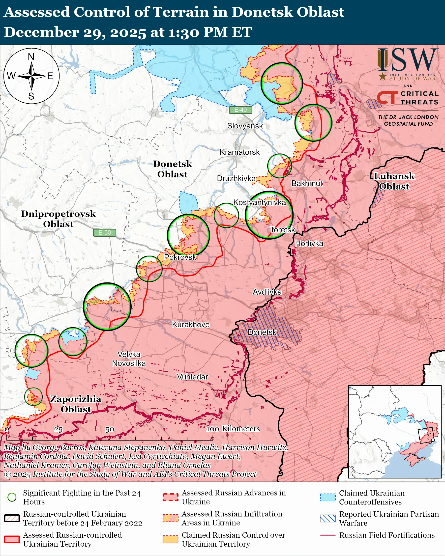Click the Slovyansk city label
244,126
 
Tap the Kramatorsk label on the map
239,152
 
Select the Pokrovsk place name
180,257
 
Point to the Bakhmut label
307,183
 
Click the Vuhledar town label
192,377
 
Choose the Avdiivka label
267,292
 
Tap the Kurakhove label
191,324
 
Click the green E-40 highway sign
240,110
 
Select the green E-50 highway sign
104,233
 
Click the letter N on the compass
31,57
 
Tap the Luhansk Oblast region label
394,181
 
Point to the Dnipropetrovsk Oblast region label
58,219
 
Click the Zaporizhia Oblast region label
76,404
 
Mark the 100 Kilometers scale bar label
233,429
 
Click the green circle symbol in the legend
12,497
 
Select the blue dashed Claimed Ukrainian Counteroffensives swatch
328,497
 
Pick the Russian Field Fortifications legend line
328,535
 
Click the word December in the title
41,32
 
